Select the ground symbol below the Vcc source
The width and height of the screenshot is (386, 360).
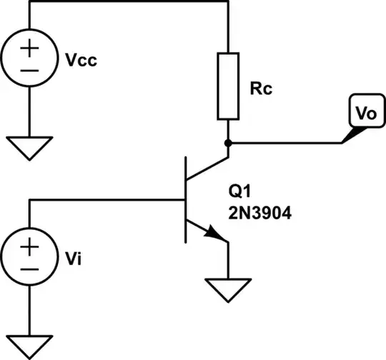[30, 149]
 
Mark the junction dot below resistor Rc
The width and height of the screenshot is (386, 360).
[227, 141]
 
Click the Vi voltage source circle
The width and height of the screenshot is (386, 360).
[30, 257]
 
